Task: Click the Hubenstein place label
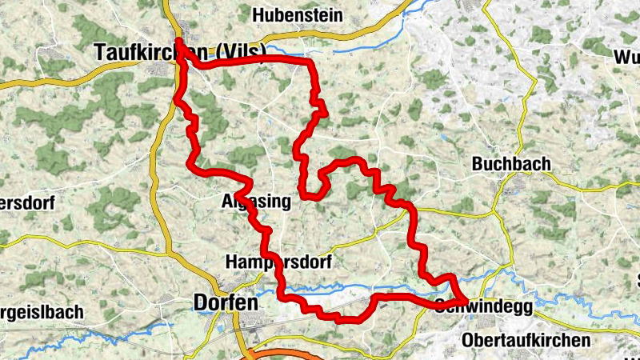(297, 15)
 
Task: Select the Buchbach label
(511, 164)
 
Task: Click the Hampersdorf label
(278, 262)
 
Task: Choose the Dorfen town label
(225, 303)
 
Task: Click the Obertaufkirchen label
(526, 340)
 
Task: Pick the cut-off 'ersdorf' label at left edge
(26, 203)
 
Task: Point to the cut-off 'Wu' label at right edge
(626, 58)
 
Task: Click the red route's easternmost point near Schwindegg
(465, 299)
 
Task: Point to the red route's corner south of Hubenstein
(308, 62)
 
